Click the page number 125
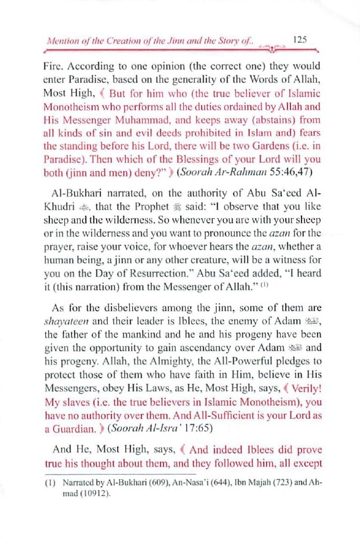300,40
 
